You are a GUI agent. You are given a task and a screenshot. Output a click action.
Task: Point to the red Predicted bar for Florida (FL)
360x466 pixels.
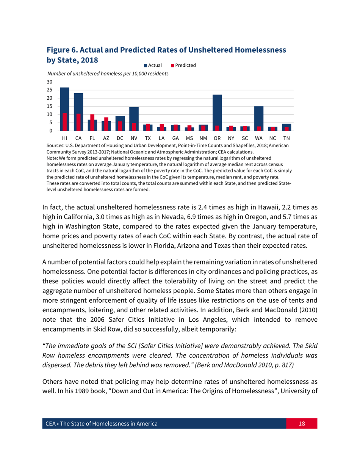pos(92,122)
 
